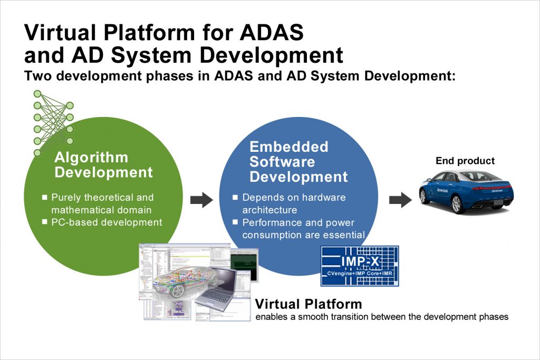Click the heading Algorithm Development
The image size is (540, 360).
pyautogui.click(x=104, y=165)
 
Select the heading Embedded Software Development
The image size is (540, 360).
pyautogui.click(x=298, y=161)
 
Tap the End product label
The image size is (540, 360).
pyautogui.click(x=465, y=161)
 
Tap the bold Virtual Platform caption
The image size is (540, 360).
pyautogui.click(x=308, y=304)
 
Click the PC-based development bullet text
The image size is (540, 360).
pyautogui.click(x=107, y=222)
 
